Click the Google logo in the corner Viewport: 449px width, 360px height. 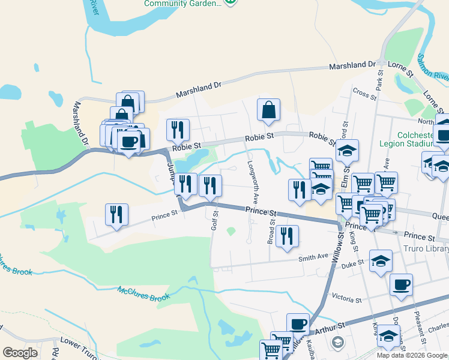point(20,353)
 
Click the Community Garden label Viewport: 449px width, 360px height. point(182,4)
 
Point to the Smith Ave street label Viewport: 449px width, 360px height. point(314,257)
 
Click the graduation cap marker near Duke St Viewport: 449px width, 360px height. point(381,261)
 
